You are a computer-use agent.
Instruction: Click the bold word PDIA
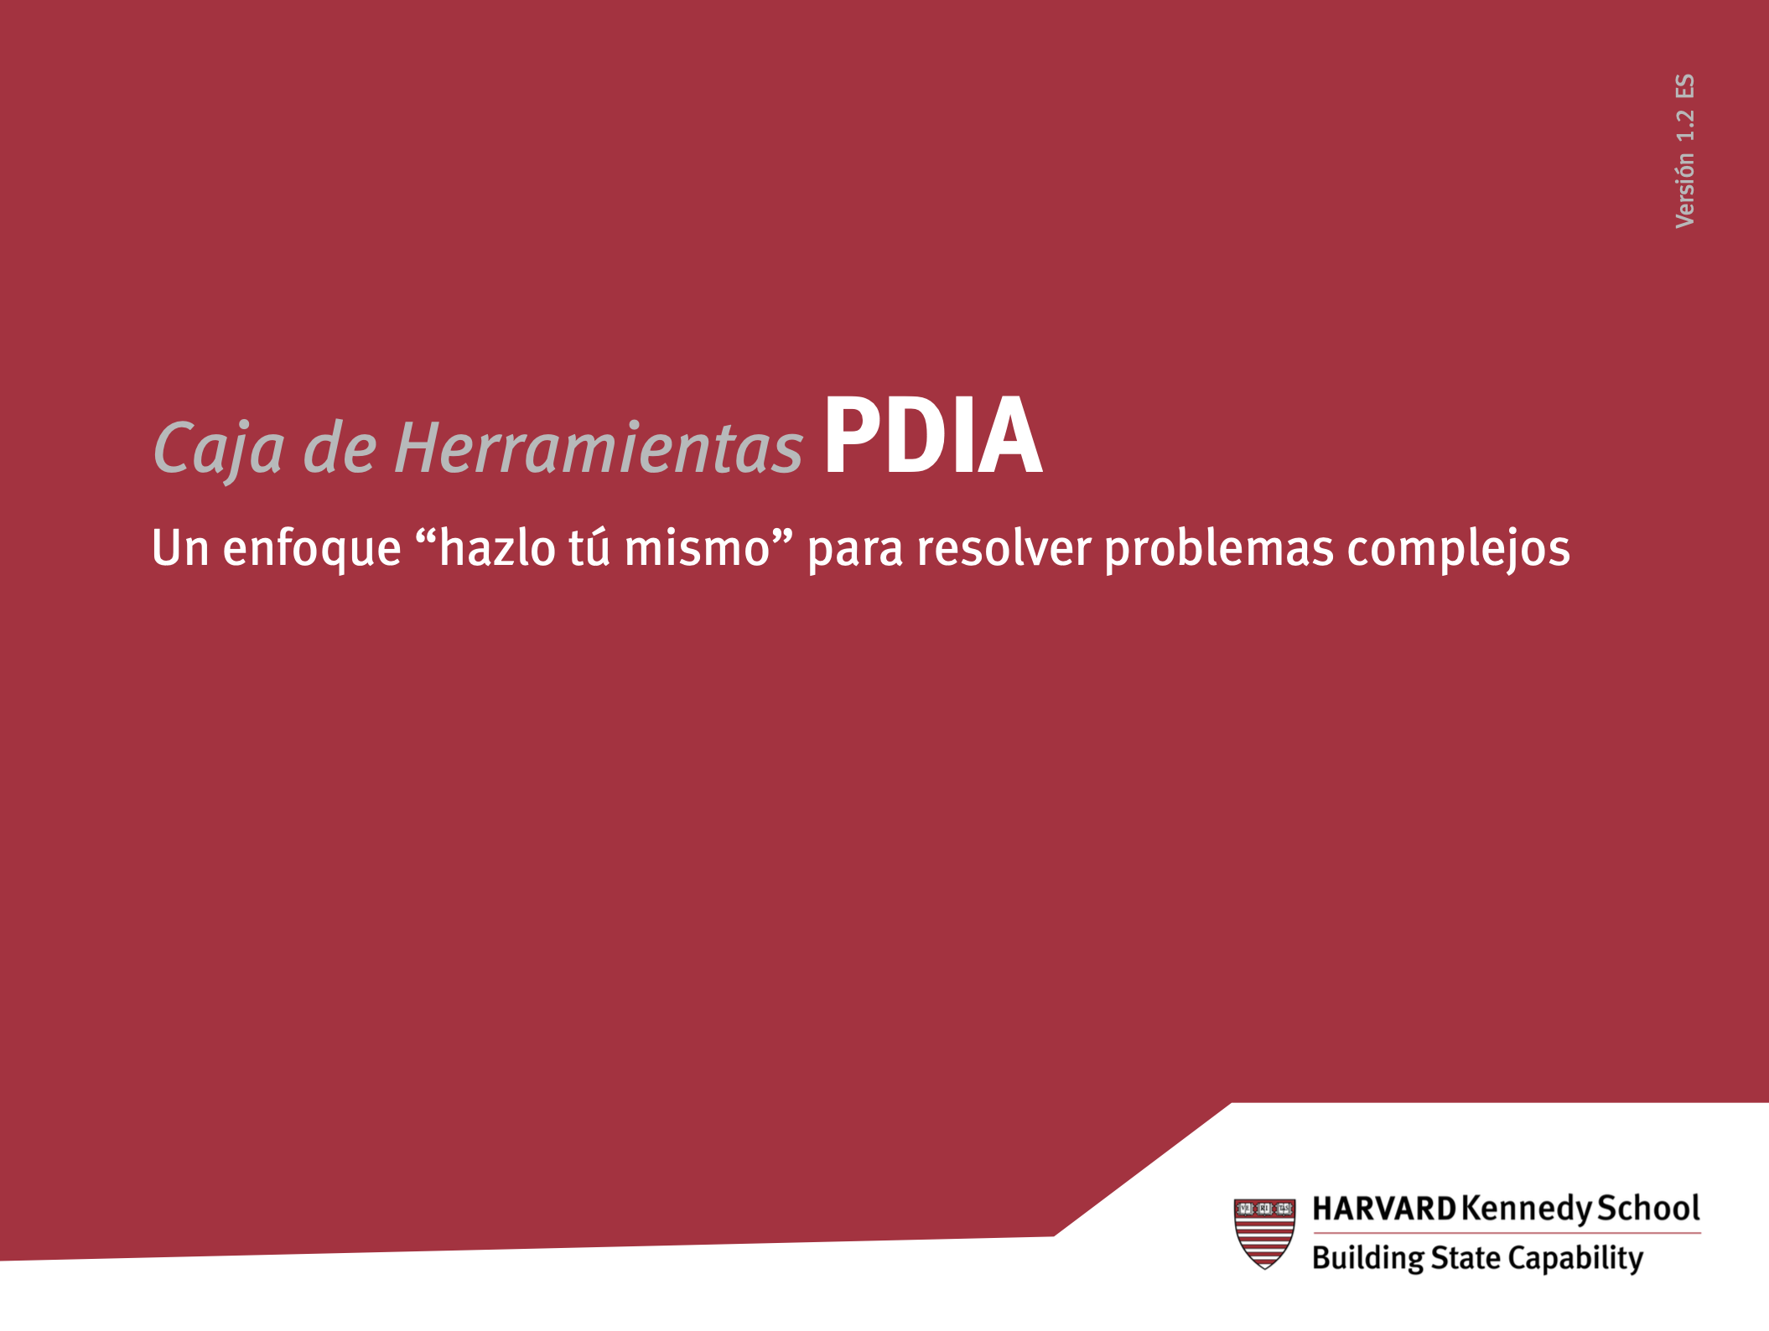[x=933, y=435]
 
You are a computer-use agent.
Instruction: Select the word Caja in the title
[x=219, y=449]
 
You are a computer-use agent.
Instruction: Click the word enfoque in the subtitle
[x=312, y=549]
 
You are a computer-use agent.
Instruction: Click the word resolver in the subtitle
[x=1004, y=548]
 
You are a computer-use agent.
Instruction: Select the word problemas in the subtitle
[x=1219, y=550]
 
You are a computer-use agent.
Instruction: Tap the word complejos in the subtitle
[x=1459, y=550]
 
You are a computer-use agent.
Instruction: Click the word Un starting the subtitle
[x=180, y=549]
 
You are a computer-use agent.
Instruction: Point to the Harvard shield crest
[x=1264, y=1233]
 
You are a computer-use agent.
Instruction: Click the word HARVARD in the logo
[x=1384, y=1209]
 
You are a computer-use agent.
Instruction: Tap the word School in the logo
[x=1648, y=1208]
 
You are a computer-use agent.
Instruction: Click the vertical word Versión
[x=1684, y=190]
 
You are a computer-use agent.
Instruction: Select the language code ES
[x=1685, y=86]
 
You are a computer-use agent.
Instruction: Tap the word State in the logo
[x=1466, y=1257]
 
